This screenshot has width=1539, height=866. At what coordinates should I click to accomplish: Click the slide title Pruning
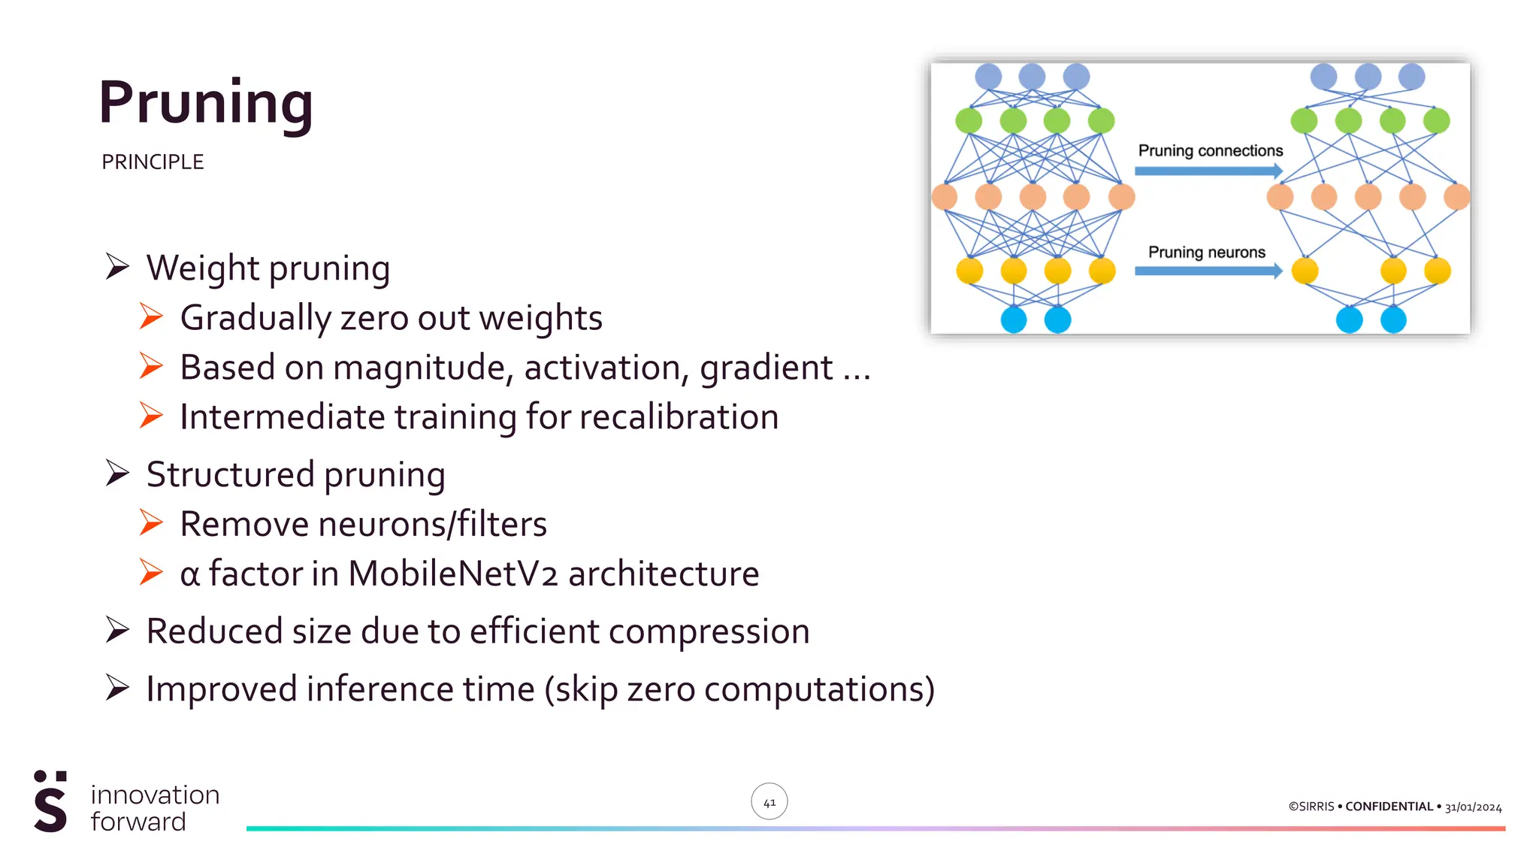click(205, 103)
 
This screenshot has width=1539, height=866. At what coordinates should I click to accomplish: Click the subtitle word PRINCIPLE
click(153, 162)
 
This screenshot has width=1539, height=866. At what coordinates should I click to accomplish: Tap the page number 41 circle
click(769, 802)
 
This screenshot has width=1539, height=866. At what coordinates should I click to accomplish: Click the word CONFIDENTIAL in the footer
click(1389, 807)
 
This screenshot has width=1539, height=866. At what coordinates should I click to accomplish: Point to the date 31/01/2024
click(1473, 807)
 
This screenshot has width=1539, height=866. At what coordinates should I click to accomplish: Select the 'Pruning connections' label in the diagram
click(1210, 151)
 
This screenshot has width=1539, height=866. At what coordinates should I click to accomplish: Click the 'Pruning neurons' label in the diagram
click(1206, 253)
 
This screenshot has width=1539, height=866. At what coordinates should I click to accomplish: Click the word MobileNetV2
click(452, 574)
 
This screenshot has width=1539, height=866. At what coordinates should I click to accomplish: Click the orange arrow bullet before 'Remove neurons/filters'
click(151, 523)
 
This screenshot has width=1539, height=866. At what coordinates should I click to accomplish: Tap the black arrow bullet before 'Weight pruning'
click(117, 267)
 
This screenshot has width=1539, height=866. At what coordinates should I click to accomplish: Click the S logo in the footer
click(50, 802)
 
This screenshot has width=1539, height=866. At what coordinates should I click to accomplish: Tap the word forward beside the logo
click(138, 822)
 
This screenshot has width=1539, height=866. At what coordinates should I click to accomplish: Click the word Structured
click(230, 475)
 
